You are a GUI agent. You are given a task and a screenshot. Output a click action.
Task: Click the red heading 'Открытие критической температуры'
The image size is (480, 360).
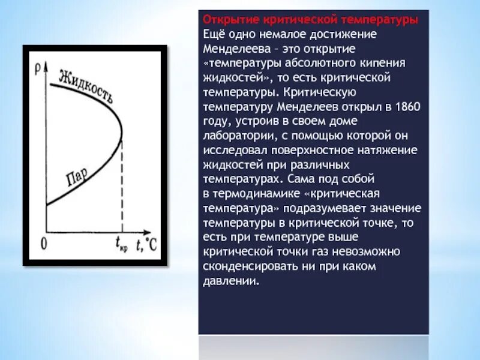click(310, 20)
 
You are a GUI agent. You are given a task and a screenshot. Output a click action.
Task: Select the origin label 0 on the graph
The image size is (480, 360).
click(43, 244)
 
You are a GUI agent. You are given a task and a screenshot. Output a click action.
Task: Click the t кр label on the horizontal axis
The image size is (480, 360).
click(122, 244)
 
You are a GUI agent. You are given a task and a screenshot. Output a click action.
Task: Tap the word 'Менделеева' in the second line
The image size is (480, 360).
click(232, 49)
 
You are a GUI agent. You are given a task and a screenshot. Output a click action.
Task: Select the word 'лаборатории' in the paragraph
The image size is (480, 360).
click(236, 136)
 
